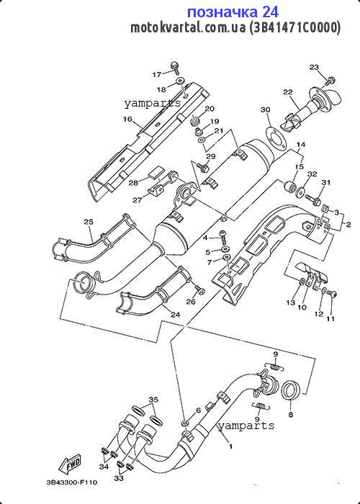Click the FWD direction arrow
[x=69, y=464]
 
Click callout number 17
[x=156, y=75]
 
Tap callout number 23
[x=314, y=67]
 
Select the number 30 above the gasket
[x=265, y=110]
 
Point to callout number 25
[x=89, y=222]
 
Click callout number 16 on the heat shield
[x=127, y=120]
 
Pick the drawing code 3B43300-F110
[x=71, y=482]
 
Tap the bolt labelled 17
[x=175, y=68]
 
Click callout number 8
[x=291, y=415]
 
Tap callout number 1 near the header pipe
[x=230, y=446]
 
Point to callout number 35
[x=153, y=400]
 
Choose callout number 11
[x=330, y=319]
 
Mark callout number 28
[x=134, y=183]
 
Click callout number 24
[x=175, y=315]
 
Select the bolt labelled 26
[x=199, y=289]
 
